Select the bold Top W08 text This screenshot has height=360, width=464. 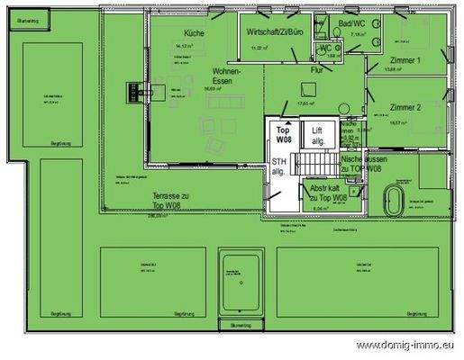(x=284, y=135)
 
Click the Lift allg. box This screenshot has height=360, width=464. (x=317, y=137)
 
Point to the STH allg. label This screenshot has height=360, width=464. (x=278, y=166)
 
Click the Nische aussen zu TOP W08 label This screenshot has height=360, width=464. (x=363, y=163)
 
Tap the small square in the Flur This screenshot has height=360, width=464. (x=308, y=87)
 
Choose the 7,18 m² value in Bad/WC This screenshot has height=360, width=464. (x=358, y=34)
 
